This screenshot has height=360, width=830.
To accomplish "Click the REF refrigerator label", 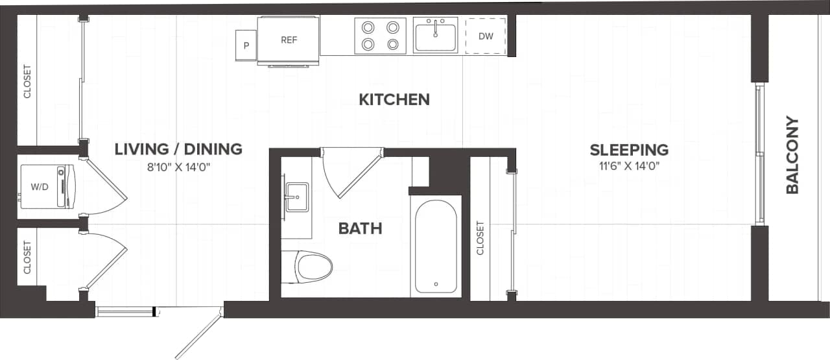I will coord(289,40).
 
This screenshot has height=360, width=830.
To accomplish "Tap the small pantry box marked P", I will coord(246,45).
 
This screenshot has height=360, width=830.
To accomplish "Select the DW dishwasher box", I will coord(486,36).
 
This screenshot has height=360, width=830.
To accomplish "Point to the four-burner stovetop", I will coord(380,36).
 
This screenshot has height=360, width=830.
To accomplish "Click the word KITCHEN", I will coord(394,99).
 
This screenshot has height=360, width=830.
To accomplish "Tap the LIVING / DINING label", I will coord(178,149).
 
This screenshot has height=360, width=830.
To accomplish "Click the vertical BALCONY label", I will coord(792,155).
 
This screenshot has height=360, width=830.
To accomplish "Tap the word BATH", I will coord(360,228).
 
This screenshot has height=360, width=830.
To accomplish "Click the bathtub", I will coord(435,246).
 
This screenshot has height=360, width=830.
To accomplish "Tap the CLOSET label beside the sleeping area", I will coord(480,238).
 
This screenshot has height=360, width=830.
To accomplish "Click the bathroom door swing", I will coord(350,172).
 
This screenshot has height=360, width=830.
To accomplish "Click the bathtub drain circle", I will coord(435,283).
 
